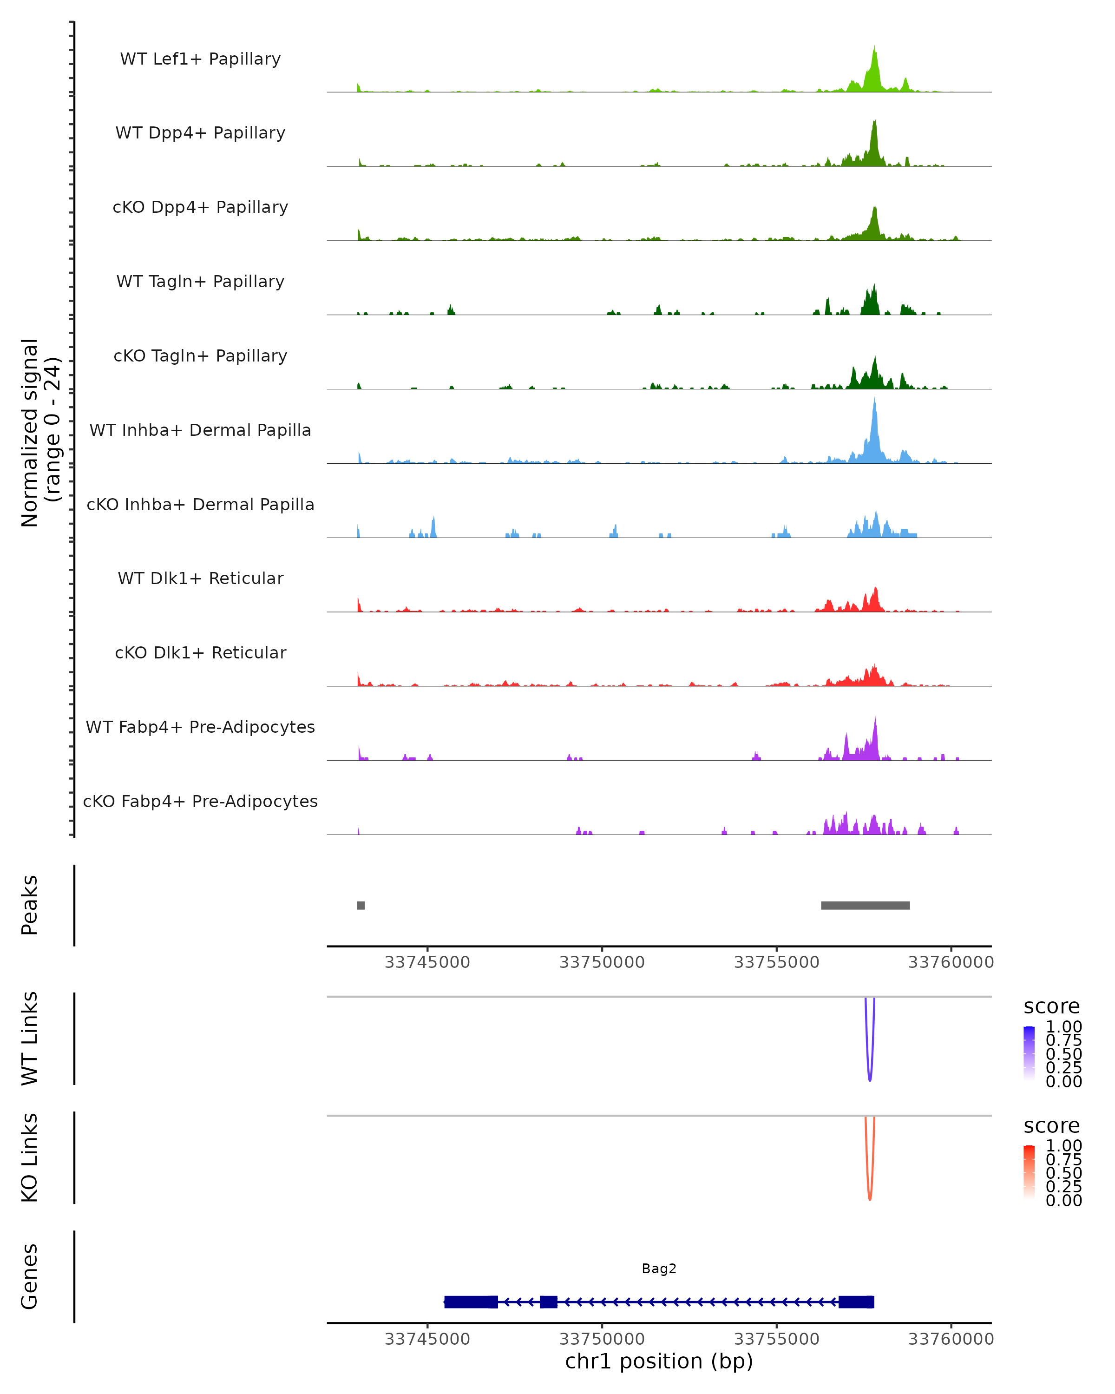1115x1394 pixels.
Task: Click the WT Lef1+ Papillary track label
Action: coord(200,59)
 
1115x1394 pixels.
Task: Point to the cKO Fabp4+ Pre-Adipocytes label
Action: coord(200,801)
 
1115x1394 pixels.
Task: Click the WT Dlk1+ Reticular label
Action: coord(200,578)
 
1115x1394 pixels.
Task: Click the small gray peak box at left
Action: coord(361,905)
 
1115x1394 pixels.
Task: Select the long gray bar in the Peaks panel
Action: coord(865,905)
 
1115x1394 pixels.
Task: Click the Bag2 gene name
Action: coord(659,1269)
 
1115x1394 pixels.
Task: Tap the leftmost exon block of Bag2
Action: coord(471,1302)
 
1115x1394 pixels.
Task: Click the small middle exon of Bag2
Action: coord(548,1302)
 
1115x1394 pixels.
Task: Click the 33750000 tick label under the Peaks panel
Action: coord(602,962)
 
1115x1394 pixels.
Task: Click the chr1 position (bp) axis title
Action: coord(659,1361)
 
